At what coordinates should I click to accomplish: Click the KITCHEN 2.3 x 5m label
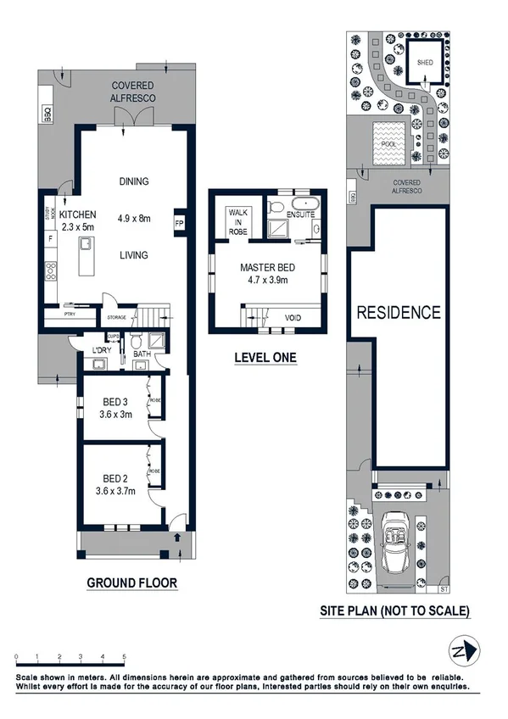click(77, 220)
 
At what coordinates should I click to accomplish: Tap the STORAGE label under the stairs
click(116, 319)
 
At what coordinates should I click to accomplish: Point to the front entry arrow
click(177, 536)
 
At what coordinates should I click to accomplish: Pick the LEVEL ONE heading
click(265, 358)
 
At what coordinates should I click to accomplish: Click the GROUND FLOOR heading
click(131, 582)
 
